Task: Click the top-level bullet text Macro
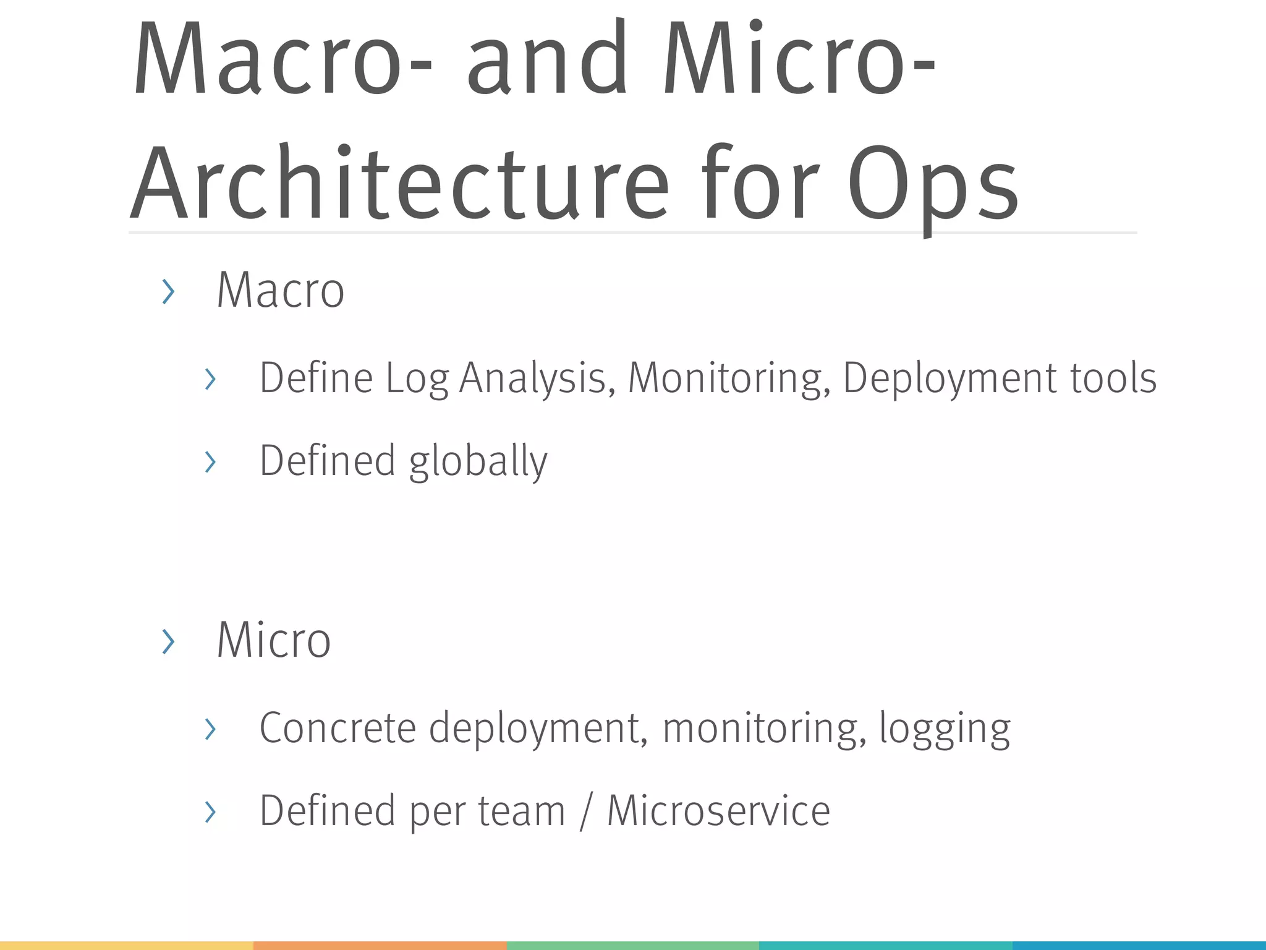click(x=280, y=290)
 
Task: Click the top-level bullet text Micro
click(x=274, y=640)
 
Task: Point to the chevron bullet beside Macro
click(x=168, y=292)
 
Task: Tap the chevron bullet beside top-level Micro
click(x=168, y=641)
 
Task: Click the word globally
click(x=478, y=461)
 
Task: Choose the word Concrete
click(x=338, y=727)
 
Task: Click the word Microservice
click(x=718, y=811)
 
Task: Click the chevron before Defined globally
click(x=210, y=462)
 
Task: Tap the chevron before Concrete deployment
click(x=210, y=729)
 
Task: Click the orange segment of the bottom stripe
click(x=380, y=945)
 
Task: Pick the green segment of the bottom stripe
click(x=632, y=945)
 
